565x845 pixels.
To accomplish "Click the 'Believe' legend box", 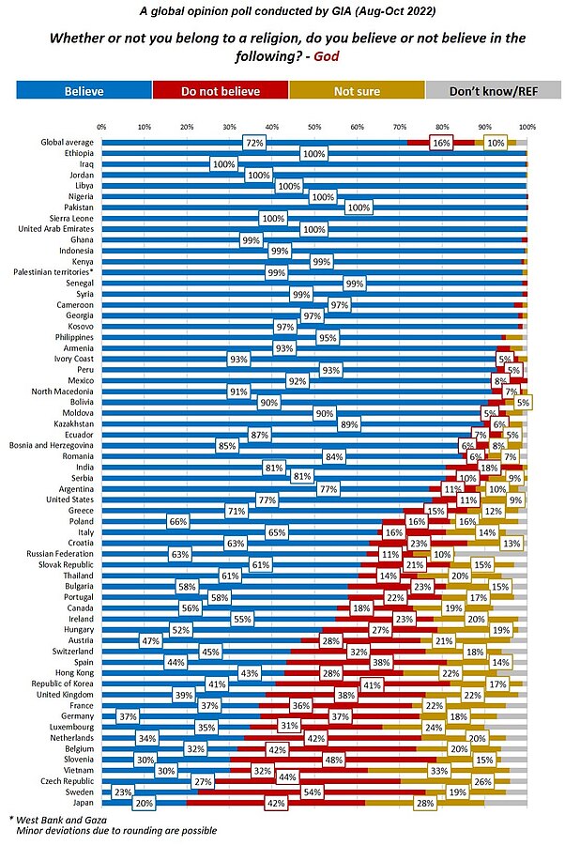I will (x=84, y=90).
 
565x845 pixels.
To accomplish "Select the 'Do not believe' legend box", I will (x=221, y=90).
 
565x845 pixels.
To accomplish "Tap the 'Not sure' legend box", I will (x=357, y=90).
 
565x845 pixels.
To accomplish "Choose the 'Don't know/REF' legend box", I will (x=493, y=90).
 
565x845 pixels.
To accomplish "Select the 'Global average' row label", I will (x=65, y=142).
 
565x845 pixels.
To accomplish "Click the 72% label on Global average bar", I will (x=253, y=143).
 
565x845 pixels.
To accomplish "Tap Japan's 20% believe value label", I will (x=144, y=802).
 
